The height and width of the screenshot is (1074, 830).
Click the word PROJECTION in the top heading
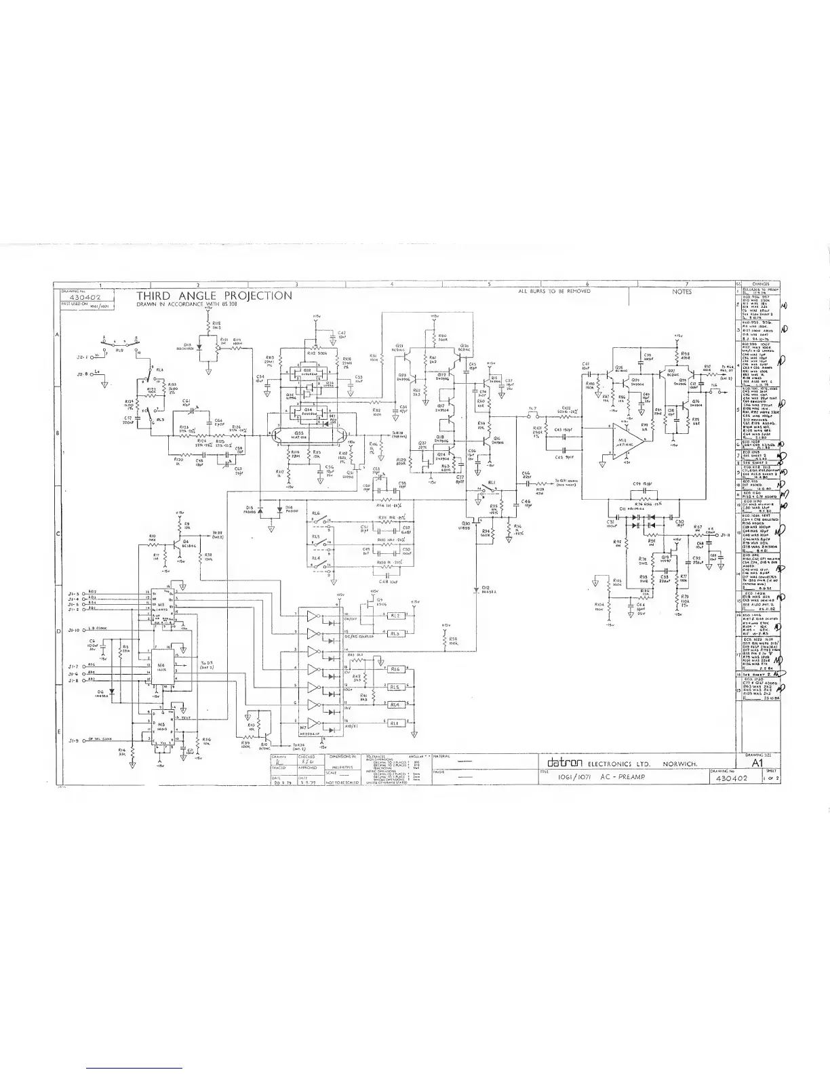click(x=258, y=296)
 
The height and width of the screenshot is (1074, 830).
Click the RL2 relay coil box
click(x=395, y=616)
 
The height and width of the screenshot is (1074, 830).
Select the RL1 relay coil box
click(x=395, y=723)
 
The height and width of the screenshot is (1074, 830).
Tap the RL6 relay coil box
click(x=395, y=669)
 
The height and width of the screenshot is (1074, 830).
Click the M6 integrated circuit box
click(x=161, y=667)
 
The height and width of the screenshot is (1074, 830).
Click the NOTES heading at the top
click(x=681, y=292)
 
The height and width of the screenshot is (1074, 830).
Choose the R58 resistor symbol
click(x=444, y=639)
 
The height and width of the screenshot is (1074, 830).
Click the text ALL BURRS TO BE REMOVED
click(x=554, y=291)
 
